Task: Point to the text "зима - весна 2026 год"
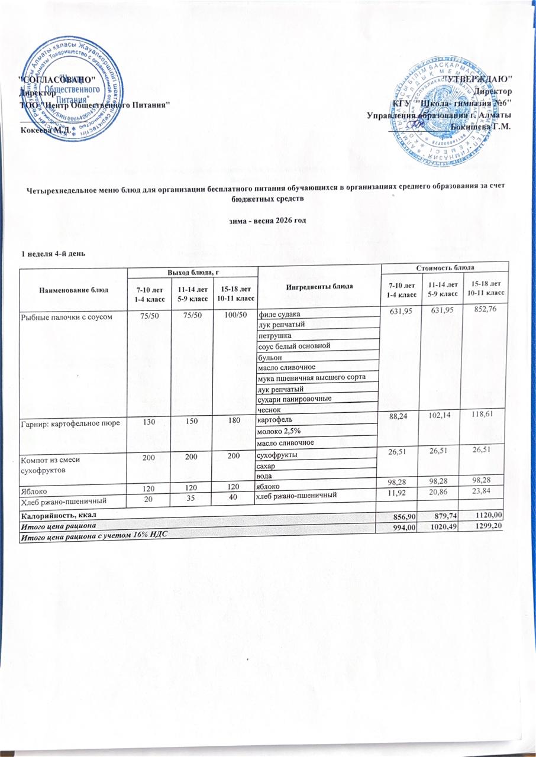(x=267, y=221)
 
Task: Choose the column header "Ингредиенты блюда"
(x=319, y=286)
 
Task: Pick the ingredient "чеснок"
(x=267, y=409)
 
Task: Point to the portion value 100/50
(x=233, y=315)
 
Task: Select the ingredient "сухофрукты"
(x=276, y=455)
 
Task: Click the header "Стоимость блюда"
(x=445, y=269)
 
